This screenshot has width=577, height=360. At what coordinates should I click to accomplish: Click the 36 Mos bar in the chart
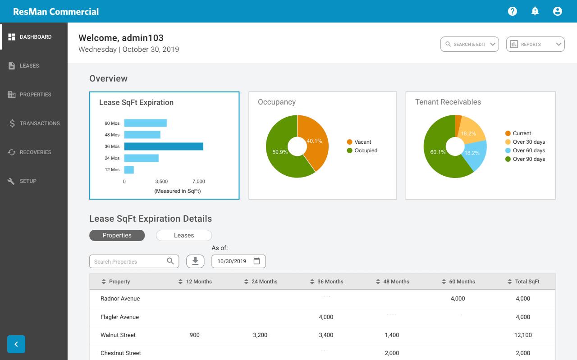[x=164, y=146]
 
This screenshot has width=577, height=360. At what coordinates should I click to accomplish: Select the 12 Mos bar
[x=129, y=170]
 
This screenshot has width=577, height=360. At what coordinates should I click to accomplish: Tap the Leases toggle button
[x=184, y=235]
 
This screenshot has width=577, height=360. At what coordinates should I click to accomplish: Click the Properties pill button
[x=117, y=235]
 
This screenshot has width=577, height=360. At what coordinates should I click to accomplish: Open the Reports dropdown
[x=535, y=44]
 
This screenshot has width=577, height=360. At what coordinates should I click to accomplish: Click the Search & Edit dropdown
[x=469, y=44]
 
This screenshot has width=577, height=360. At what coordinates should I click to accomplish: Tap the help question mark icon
[x=512, y=11]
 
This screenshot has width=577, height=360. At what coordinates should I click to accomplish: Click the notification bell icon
[x=535, y=11]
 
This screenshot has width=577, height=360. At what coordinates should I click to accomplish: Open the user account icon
[x=558, y=11]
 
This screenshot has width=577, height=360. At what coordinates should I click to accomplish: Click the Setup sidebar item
[x=28, y=181]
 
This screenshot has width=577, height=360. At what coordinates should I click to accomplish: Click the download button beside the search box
[x=195, y=261]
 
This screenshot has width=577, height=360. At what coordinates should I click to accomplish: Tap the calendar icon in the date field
[x=256, y=261]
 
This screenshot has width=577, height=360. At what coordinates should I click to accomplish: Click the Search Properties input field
[x=128, y=261]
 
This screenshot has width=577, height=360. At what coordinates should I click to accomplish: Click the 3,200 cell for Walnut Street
[x=260, y=335]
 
